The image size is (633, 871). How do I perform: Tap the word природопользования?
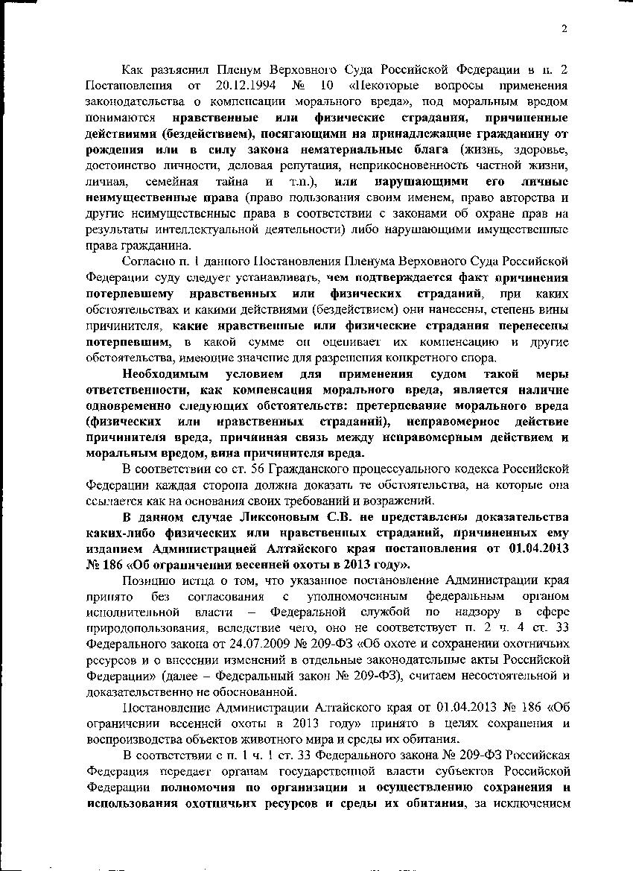click(149, 629)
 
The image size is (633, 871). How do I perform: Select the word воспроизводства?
click(133, 740)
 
